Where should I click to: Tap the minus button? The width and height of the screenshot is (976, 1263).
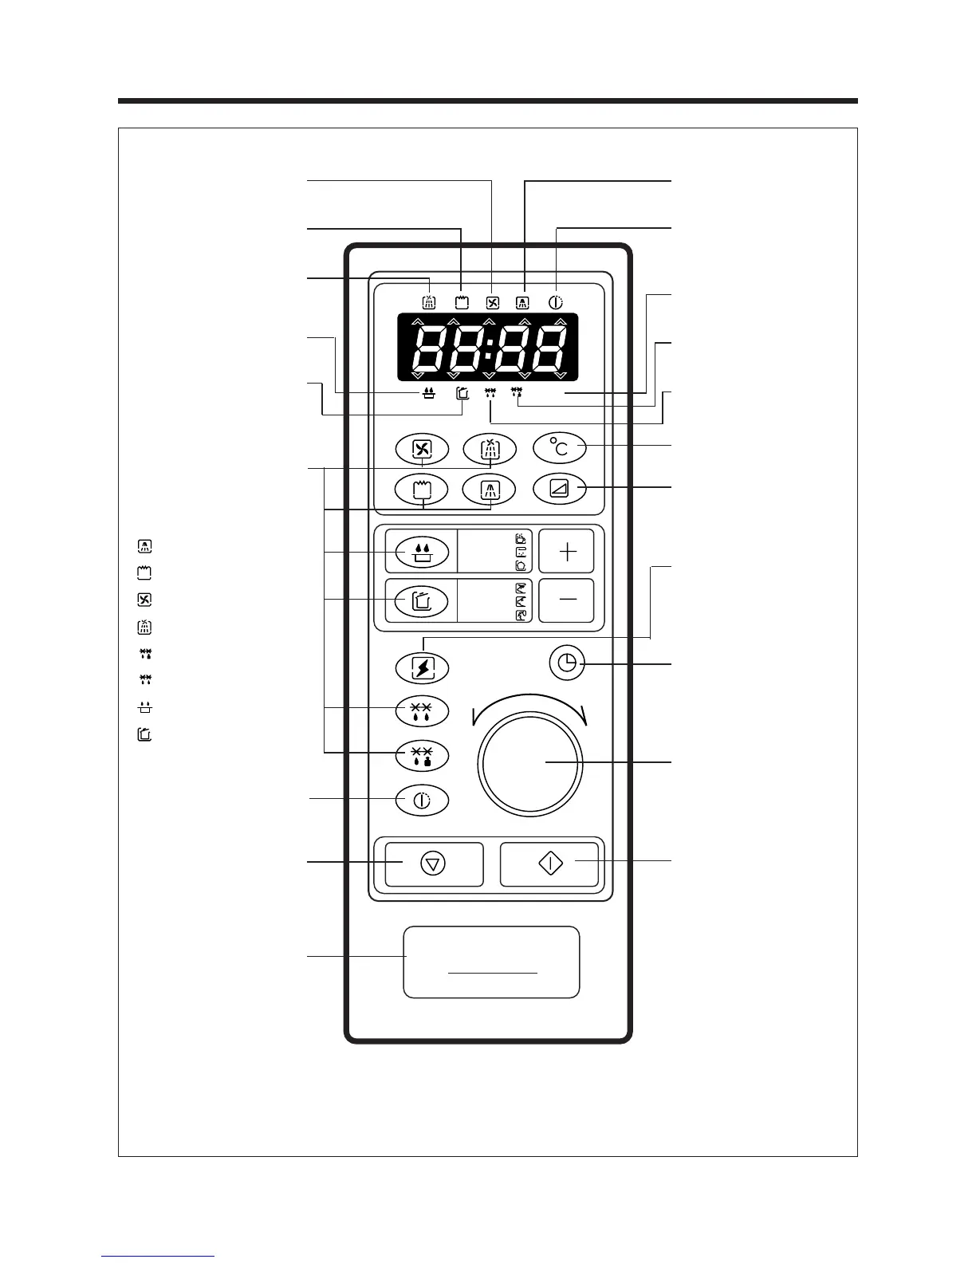566,600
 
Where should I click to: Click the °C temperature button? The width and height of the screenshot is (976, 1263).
560,448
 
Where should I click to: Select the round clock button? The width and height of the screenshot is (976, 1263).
567,663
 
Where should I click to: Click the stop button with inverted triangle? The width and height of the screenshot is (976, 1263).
433,864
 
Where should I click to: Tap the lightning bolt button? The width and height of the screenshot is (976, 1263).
423,667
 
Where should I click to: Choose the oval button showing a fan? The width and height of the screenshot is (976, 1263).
422,448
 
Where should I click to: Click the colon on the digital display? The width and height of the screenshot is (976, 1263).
489,347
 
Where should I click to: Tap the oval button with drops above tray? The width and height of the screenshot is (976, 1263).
423,551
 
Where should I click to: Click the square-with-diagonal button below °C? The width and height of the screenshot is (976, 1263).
560,489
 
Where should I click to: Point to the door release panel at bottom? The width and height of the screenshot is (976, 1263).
491,962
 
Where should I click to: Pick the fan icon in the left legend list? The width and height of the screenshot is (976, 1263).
145,600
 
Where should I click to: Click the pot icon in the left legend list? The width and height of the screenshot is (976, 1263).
145,734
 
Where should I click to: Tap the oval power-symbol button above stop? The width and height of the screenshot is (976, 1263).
423,800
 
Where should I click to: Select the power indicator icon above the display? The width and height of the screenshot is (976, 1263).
556,303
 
